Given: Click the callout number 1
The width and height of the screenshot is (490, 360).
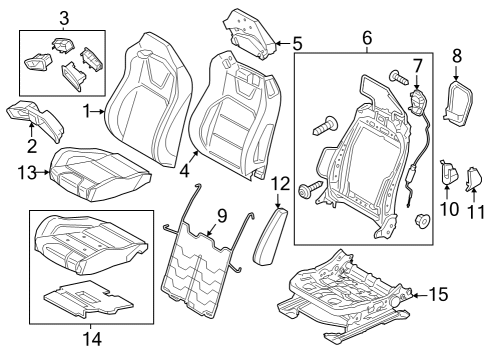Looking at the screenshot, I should tap(86, 111).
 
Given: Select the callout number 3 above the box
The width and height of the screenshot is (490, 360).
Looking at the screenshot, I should tap(63, 17).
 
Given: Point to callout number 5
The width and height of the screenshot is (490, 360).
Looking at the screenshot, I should tap(296, 43).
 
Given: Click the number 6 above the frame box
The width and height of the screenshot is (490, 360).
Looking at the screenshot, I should tap(366, 38).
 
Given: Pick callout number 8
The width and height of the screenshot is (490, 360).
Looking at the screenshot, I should tap(458, 57).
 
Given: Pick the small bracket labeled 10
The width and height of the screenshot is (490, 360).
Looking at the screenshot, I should tap(448, 176).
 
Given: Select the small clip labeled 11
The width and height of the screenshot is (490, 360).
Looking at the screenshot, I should tap(475, 179).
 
